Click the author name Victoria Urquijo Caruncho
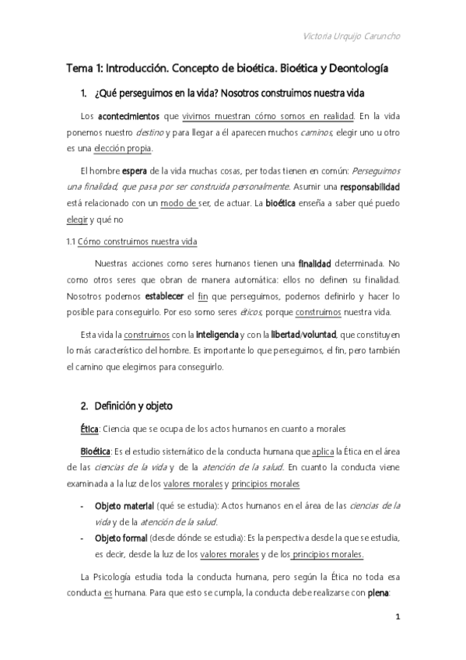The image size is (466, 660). click(x=356, y=36)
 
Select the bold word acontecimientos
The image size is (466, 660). click(x=128, y=117)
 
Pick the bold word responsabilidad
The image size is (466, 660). click(x=353, y=188)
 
